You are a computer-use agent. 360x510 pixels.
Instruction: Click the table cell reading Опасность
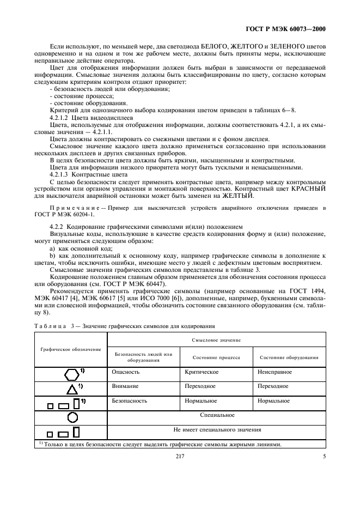[x=126, y=372]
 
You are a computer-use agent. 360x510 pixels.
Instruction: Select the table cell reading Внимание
[x=125, y=386]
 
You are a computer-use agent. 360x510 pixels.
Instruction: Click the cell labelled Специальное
[x=217, y=415]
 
